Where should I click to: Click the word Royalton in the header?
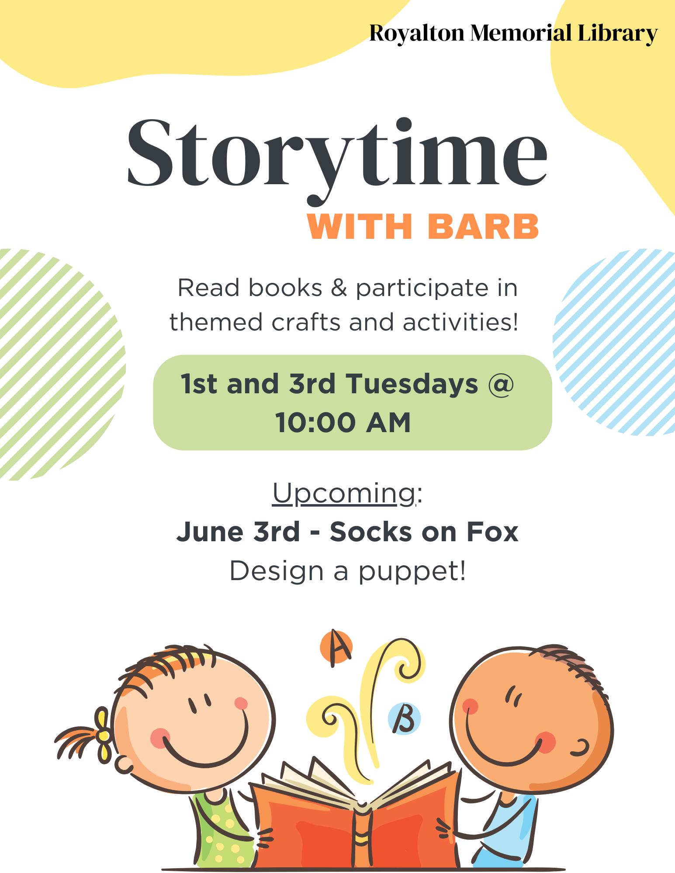(x=417, y=34)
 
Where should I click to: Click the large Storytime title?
(x=337, y=160)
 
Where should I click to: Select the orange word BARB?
(x=483, y=227)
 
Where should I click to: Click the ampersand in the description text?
(x=339, y=289)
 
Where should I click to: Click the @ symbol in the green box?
(x=500, y=385)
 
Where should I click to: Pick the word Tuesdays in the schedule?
(x=412, y=384)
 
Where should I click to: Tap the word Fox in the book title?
(x=492, y=532)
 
